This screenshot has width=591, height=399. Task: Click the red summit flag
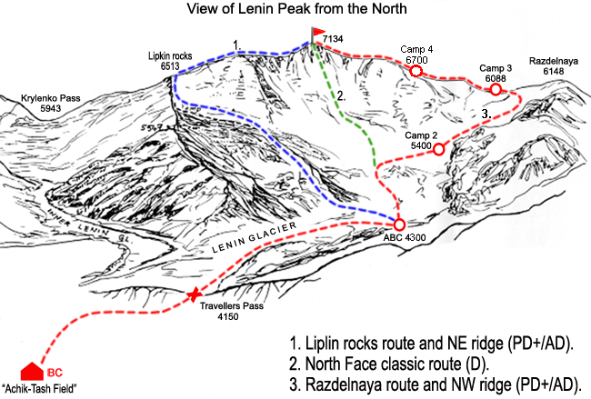(318, 32)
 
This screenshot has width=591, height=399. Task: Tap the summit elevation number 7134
(333, 39)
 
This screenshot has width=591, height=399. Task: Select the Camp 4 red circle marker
(416, 71)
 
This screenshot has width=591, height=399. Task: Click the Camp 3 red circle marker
(496, 89)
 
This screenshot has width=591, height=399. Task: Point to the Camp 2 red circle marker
(438, 149)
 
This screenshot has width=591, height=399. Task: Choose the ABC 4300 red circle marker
(399, 224)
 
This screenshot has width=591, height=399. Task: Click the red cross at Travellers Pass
(194, 294)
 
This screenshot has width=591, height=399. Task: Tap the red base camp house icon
(32, 372)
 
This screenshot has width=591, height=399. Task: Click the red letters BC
(55, 373)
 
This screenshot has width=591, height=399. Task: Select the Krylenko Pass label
(51, 98)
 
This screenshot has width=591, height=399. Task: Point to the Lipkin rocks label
(170, 56)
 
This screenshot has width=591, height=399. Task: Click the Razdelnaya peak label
(554, 61)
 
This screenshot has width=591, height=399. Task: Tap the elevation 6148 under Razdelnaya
(554, 72)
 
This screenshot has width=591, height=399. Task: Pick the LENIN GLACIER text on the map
(254, 237)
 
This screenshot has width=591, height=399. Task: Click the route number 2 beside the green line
(341, 96)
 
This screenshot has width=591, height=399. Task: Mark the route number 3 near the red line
(486, 114)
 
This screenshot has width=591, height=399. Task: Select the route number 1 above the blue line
(236, 45)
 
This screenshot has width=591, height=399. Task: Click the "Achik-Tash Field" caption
(39, 388)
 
